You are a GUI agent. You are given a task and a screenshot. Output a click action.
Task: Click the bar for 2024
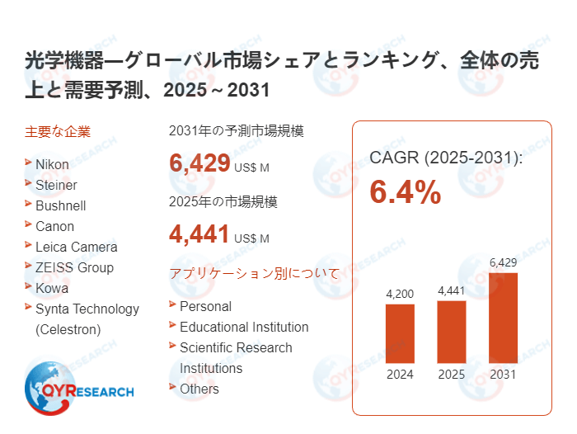pyautogui.click(x=400, y=333)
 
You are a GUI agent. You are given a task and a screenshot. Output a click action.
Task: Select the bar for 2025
pyautogui.click(x=452, y=332)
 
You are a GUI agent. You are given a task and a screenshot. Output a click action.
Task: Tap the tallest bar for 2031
pyautogui.click(x=503, y=318)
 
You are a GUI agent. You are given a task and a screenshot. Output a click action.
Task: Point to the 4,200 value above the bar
pyautogui.click(x=400, y=293)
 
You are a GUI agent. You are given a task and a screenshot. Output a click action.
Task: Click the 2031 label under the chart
pyautogui.click(x=503, y=374)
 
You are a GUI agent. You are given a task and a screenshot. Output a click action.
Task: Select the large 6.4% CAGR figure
pyautogui.click(x=405, y=192)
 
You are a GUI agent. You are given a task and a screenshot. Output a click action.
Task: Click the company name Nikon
pyautogui.click(x=52, y=164)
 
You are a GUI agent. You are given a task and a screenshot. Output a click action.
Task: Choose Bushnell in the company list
pyautogui.click(x=60, y=205)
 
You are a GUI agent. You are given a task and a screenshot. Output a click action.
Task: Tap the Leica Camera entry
pyautogui.click(x=76, y=247)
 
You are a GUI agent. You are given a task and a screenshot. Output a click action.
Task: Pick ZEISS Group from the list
pyautogui.click(x=74, y=267)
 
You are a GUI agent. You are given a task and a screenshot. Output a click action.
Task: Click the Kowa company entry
pyautogui.click(x=52, y=288)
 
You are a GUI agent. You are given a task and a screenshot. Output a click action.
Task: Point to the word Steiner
pyautogui.click(x=57, y=185)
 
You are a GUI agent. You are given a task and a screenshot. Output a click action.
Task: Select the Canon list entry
pyautogui.click(x=54, y=226)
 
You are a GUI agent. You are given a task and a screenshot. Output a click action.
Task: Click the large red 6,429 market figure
pyautogui.click(x=199, y=163)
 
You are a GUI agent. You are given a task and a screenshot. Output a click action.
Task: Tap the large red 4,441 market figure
pyautogui.click(x=199, y=235)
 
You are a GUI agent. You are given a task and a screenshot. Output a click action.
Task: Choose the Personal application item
pyautogui.click(x=205, y=306)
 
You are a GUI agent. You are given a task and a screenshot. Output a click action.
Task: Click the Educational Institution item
pyautogui.click(x=244, y=327)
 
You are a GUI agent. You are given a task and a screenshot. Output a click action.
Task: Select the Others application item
pyautogui.click(x=199, y=389)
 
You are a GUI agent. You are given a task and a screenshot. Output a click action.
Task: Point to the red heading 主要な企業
pyautogui.click(x=58, y=131)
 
